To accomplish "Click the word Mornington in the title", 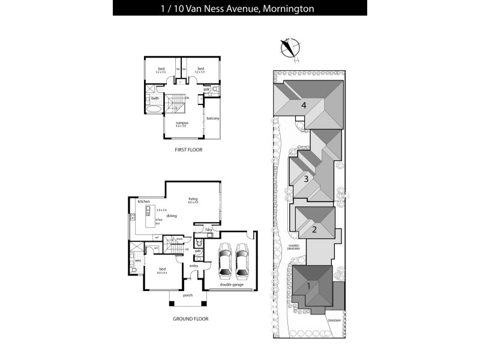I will [287, 8].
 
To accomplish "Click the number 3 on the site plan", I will [306, 178].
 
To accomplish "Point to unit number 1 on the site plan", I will [309, 286].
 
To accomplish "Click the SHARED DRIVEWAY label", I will [293, 247].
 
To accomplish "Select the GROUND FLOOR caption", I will [190, 319].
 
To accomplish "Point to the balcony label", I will [212, 118].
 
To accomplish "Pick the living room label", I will [193, 199].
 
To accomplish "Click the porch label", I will [187, 295].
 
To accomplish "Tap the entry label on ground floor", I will [194, 265].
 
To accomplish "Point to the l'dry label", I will [209, 230].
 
